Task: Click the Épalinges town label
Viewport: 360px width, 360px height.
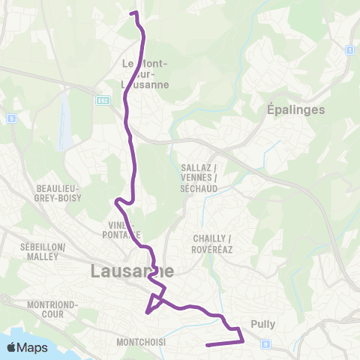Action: [x=295, y=109]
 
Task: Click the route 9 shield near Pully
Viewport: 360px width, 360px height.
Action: [x=265, y=343]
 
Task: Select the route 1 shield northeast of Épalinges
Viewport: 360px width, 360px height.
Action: [x=349, y=49]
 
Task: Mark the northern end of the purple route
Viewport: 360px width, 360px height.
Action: [x=132, y=13]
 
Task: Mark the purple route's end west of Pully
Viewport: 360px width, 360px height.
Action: [x=207, y=345]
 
